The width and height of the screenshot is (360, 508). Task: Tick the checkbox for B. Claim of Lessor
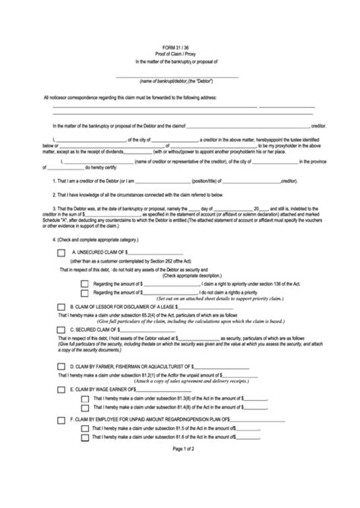[x=62, y=308]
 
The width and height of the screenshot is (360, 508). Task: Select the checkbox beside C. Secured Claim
[x=62, y=330]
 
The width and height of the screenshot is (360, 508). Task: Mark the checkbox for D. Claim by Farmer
[x=62, y=366]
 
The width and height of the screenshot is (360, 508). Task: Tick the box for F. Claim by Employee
[x=62, y=419]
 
